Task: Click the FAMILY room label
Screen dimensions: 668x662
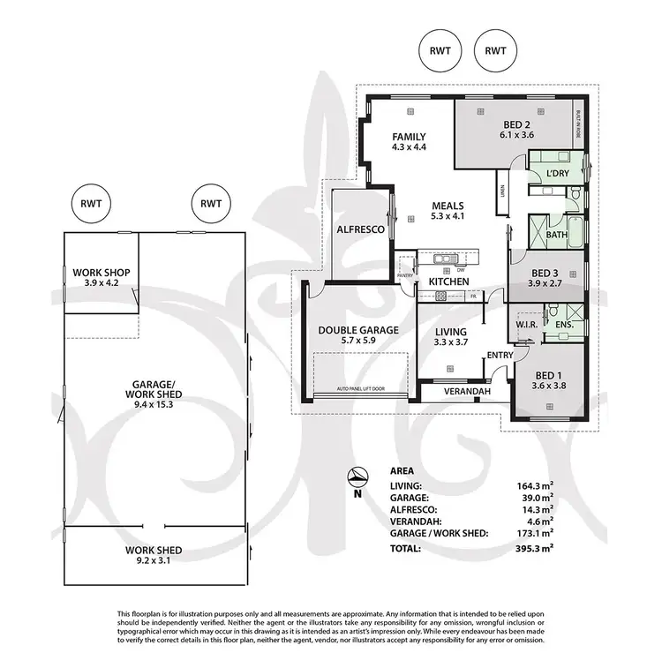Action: pos(409,137)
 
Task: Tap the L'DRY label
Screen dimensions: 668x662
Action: pos(557,173)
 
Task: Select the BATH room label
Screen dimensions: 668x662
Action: pos(556,236)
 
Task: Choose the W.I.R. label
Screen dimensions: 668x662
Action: pos(528,324)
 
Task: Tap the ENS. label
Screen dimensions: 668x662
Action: pos(564,324)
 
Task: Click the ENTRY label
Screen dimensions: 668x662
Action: pos(500,355)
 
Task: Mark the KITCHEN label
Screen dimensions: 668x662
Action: pos(448,281)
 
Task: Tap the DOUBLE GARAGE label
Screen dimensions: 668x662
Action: pos(358,330)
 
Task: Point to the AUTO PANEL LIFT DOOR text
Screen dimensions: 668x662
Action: pos(360,389)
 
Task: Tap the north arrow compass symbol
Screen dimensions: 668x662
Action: pos(357,477)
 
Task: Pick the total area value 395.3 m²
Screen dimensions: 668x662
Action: pos(534,548)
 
